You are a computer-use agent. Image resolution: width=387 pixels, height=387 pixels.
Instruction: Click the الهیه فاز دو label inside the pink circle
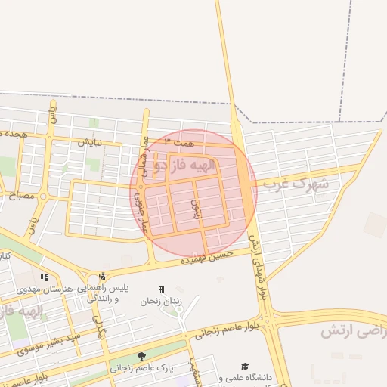coord(184,164)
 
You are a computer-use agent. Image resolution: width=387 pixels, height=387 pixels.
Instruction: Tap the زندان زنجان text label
coord(161,302)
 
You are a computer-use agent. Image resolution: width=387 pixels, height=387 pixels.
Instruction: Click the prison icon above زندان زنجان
coord(161,290)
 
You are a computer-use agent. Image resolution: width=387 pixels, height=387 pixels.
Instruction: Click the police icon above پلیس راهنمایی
coord(102,276)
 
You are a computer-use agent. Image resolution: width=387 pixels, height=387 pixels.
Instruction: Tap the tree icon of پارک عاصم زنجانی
coord(141,356)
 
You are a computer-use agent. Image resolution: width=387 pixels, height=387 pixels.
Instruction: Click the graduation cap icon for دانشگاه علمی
coord(245,367)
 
